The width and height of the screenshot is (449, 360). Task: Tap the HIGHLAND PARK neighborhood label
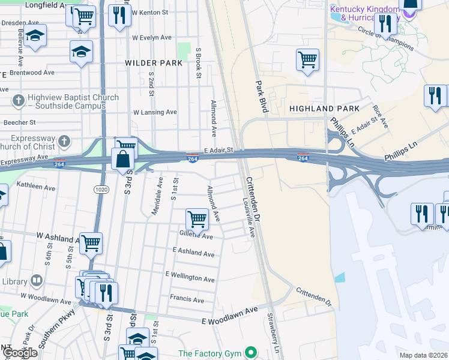click(324, 109)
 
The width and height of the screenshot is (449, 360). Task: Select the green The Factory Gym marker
click(253, 353)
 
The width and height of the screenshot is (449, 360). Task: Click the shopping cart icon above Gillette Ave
click(197, 218)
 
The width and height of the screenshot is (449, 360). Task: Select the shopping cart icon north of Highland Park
click(307, 59)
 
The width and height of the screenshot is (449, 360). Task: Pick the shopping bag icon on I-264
click(122, 160)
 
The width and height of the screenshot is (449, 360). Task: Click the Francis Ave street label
click(187, 300)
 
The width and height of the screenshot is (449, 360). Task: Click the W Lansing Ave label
click(155, 112)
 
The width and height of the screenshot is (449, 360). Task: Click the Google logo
click(20, 353)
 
